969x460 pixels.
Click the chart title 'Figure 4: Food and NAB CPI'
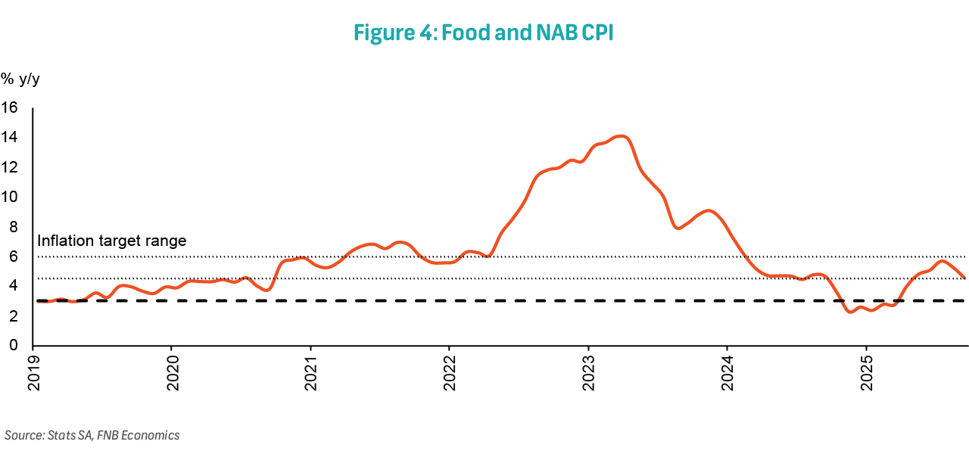(x=483, y=34)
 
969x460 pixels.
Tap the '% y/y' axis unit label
(x=20, y=79)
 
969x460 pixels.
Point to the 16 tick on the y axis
(x=9, y=107)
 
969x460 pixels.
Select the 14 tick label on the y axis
(x=9, y=137)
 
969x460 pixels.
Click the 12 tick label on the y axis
(x=9, y=167)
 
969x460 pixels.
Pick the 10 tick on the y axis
(x=9, y=197)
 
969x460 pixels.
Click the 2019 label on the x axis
(x=33, y=373)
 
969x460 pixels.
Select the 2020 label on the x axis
(x=172, y=373)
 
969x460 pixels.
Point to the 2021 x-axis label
(x=311, y=373)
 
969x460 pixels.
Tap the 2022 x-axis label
(x=450, y=373)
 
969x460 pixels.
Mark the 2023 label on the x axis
(x=589, y=373)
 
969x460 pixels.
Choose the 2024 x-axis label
(x=728, y=373)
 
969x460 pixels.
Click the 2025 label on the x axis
(x=867, y=373)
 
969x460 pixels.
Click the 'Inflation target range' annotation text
(x=111, y=241)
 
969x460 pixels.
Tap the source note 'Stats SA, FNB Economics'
(x=92, y=435)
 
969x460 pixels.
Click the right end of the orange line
(x=964, y=278)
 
